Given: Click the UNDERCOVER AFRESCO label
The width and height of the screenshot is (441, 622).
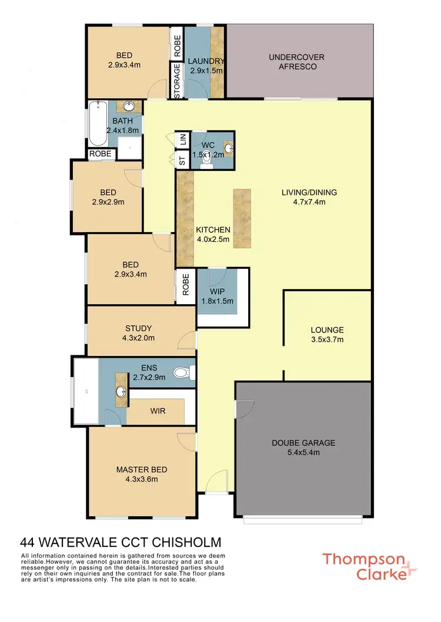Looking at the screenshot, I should tap(297, 62).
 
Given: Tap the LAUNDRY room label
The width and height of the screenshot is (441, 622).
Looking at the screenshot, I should tap(206, 62).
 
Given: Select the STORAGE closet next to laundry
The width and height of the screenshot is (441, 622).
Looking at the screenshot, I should tap(177, 81).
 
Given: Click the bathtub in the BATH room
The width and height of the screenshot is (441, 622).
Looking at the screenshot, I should tap(98, 125).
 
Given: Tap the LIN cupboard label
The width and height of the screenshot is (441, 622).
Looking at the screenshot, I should tap(183, 139).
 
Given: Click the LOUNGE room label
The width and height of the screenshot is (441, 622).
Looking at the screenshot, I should tap(328, 330).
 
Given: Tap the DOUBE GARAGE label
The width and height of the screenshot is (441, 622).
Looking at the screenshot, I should tap(303, 443).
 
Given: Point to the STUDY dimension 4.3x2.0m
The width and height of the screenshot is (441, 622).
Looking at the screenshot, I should tap(139, 338).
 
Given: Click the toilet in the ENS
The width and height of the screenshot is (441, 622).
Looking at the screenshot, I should tap(186, 372).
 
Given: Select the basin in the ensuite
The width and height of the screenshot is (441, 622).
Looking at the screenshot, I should tap(121, 392).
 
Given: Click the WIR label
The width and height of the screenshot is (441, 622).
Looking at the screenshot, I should tap(158, 412).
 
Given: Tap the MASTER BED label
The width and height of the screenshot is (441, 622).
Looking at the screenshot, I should tap(141, 469).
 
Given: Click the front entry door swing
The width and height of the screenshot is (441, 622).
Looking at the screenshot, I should tap(216, 482).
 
